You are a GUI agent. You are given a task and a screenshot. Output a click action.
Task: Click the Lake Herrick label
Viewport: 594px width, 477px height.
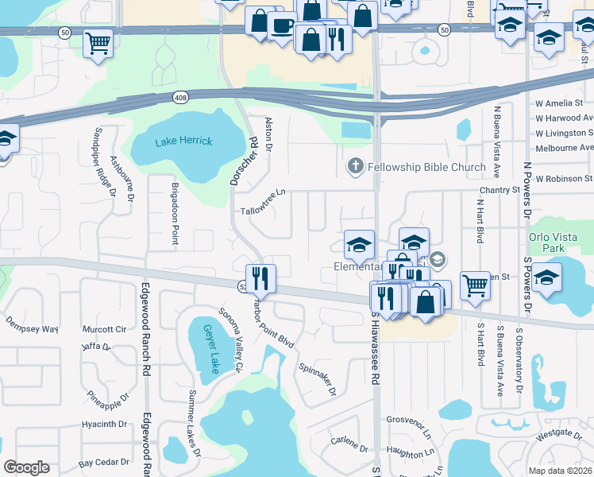tap(183, 142)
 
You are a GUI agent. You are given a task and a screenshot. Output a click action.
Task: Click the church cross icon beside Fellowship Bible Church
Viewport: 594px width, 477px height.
tap(355, 167)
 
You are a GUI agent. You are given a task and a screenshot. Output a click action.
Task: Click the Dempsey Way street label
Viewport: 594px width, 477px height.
tap(32, 328)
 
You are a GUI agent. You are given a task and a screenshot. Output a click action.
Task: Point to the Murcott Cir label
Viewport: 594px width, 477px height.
tap(110, 328)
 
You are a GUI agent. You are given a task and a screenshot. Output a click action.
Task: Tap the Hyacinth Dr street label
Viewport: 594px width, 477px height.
tap(105, 424)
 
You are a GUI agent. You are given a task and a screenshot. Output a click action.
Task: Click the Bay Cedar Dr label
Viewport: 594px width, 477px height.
tap(103, 462)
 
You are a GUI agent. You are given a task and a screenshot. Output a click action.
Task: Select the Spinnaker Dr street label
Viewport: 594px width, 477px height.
tap(318, 379)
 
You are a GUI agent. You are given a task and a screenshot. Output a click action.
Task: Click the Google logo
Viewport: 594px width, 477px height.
tap(26, 467)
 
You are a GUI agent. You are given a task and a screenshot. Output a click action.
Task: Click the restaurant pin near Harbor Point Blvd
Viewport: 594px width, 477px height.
tap(260, 279)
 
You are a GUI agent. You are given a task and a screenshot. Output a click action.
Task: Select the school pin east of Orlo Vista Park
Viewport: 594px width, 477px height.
tap(548, 278)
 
